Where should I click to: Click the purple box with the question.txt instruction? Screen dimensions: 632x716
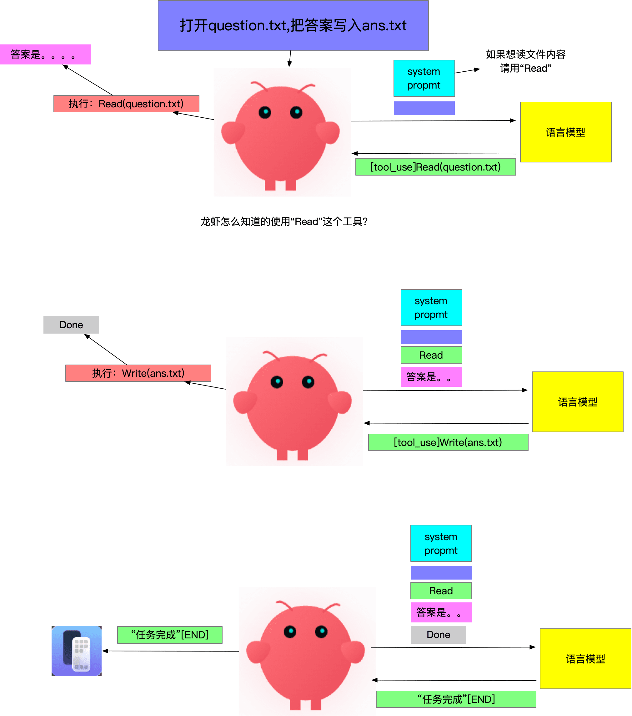pyautogui.click(x=293, y=26)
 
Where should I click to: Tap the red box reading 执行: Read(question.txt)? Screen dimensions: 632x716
pyautogui.click(x=126, y=104)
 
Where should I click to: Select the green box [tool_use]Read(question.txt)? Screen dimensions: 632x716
pyautogui.click(x=435, y=167)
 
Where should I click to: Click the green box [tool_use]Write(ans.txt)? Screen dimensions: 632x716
pyautogui.click(x=448, y=442)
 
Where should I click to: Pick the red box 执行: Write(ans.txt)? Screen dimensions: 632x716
pyautogui.click(x=138, y=373)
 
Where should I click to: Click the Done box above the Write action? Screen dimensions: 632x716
pyautogui.click(x=71, y=325)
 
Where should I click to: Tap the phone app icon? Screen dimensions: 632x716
pyautogui.click(x=76, y=651)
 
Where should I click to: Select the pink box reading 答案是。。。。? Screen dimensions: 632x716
pyautogui.click(x=46, y=54)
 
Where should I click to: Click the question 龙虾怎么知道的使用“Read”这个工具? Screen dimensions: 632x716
pyautogui.click(x=284, y=221)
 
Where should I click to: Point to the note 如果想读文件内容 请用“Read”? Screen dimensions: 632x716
pyautogui.click(x=526, y=61)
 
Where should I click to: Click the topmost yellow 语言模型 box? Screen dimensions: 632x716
pyautogui.click(x=565, y=132)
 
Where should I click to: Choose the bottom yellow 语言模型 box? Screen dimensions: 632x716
pyautogui.click(x=585, y=658)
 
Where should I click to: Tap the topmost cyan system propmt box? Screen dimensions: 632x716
pyautogui.click(x=424, y=78)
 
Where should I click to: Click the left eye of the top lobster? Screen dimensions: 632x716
pyautogui.click(x=265, y=112)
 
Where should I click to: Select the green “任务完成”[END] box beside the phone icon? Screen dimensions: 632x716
pyautogui.click(x=170, y=635)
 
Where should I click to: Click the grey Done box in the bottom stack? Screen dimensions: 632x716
pyautogui.click(x=438, y=634)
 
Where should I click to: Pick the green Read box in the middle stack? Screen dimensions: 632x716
pyautogui.click(x=431, y=355)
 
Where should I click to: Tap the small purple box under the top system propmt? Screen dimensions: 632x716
pyautogui.click(x=424, y=108)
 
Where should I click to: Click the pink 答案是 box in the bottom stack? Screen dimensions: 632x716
pyautogui.click(x=441, y=612)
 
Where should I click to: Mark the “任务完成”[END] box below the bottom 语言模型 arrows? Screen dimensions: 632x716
pyautogui.click(x=456, y=699)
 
